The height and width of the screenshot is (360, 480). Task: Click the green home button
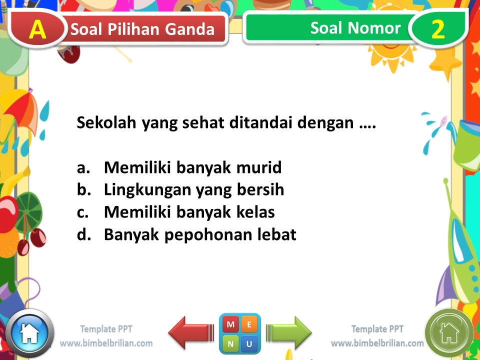click(x=449, y=332)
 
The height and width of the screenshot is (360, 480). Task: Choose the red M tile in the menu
click(x=230, y=325)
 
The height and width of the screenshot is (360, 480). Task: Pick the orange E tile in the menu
click(x=249, y=325)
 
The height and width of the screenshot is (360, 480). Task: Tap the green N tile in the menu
click(x=230, y=343)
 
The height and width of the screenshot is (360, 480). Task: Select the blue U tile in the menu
click(x=249, y=343)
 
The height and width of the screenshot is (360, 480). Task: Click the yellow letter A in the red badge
click(x=37, y=30)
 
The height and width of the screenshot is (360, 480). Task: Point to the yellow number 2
click(x=437, y=30)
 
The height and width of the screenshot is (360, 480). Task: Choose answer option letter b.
click(x=82, y=190)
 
